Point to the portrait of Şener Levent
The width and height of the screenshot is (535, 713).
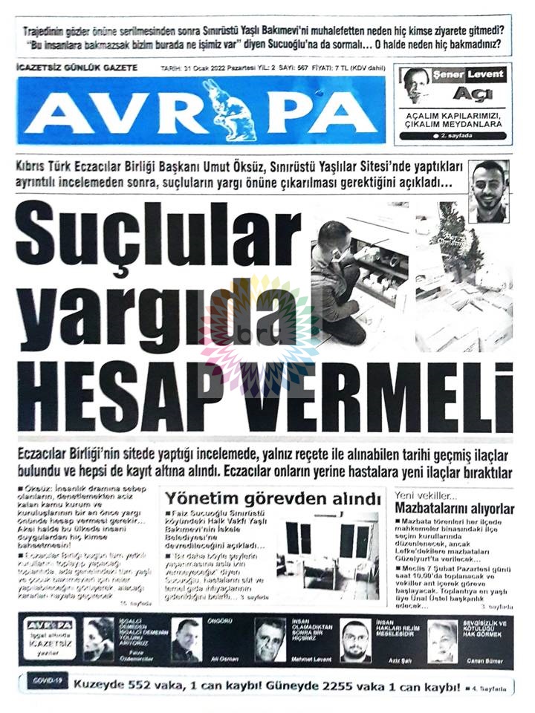(417, 86)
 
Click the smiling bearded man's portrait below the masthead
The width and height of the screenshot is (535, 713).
(489, 191)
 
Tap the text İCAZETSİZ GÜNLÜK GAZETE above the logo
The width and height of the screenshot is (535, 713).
(77, 68)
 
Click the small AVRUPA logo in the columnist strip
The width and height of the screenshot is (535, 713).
(51, 625)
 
